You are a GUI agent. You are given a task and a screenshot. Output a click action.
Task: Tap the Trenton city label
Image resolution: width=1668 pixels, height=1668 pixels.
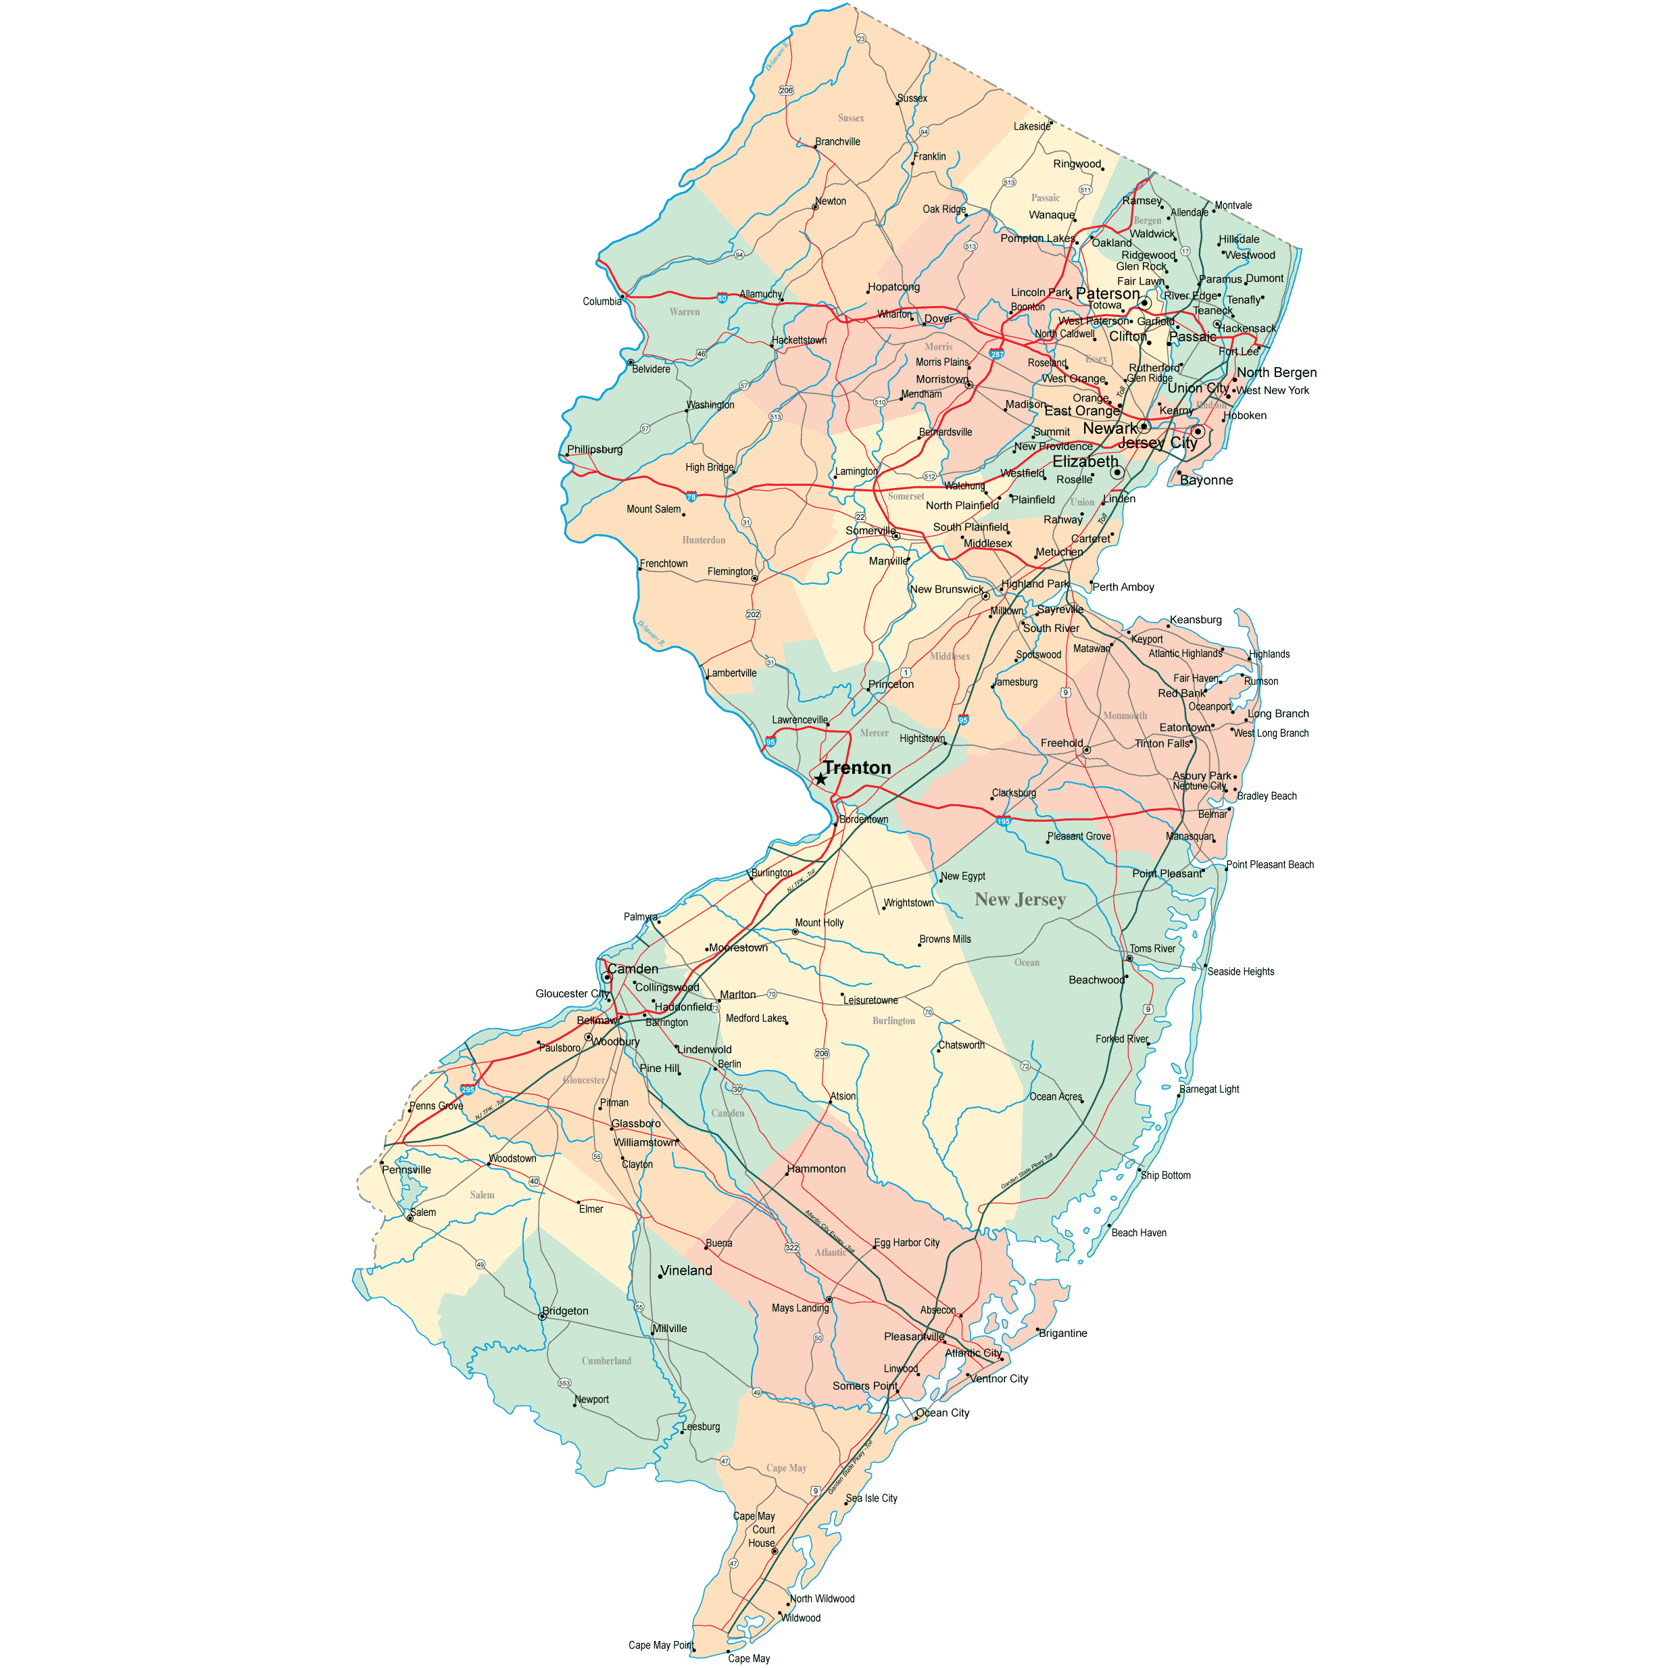pyautogui.click(x=856, y=768)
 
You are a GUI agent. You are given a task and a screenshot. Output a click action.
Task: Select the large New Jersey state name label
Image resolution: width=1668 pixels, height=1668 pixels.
pyautogui.click(x=1020, y=900)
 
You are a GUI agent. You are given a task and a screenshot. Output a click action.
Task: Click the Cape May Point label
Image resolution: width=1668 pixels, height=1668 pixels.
pyautogui.click(x=660, y=1645)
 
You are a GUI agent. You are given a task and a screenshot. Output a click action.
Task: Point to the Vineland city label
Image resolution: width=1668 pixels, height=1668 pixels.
pyautogui.click(x=687, y=1271)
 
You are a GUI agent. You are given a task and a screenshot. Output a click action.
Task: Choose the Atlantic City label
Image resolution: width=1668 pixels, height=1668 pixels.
pyautogui.click(x=973, y=1353)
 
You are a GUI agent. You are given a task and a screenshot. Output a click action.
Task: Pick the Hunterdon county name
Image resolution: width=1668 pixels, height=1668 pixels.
pyautogui.click(x=704, y=541)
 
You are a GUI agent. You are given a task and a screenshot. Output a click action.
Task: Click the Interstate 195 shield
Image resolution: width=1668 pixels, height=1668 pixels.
pyautogui.click(x=1003, y=820)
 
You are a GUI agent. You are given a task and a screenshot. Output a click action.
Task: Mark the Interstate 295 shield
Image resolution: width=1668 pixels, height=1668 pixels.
pyautogui.click(x=467, y=1089)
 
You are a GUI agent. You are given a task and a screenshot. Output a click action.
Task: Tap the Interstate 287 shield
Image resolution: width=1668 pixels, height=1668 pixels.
pyautogui.click(x=997, y=354)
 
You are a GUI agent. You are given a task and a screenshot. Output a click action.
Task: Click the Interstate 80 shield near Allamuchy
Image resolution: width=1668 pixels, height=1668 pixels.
pyautogui.click(x=722, y=299)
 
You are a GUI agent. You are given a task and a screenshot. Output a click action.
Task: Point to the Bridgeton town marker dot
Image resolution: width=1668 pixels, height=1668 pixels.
pyautogui.click(x=542, y=1317)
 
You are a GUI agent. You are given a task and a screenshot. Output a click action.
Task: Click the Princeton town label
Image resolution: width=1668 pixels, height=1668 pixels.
pyautogui.click(x=891, y=684)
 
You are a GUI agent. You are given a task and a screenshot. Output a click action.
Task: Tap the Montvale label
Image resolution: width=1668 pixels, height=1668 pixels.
pyautogui.click(x=1233, y=205)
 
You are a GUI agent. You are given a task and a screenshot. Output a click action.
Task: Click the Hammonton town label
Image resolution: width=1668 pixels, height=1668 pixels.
pyautogui.click(x=816, y=1169)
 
